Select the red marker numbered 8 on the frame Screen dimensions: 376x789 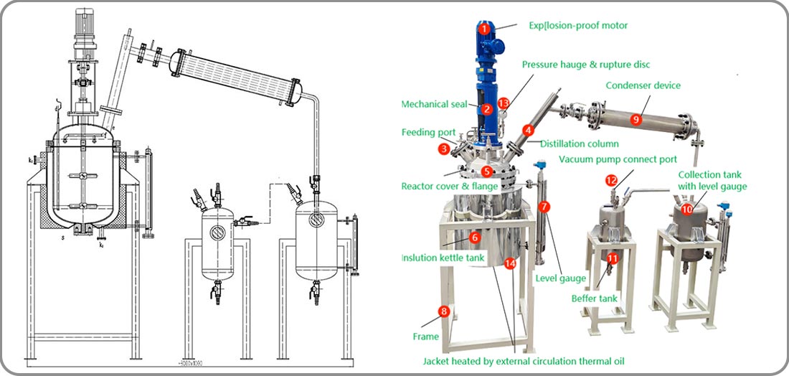pos(444,311)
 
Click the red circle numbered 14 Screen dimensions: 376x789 pos(510,263)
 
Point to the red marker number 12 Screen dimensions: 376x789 pos(610,180)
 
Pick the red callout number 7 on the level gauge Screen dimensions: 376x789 pos(544,207)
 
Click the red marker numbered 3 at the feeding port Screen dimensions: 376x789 pos(445,149)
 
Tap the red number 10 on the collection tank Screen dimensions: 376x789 pos(687,209)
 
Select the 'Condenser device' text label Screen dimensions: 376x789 pos(643,85)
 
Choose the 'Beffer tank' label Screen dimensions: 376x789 pos(595,298)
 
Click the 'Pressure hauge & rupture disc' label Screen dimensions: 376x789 pos(586,65)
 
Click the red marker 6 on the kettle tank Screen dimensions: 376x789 pos(474,237)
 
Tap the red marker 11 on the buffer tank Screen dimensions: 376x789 pos(612,258)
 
